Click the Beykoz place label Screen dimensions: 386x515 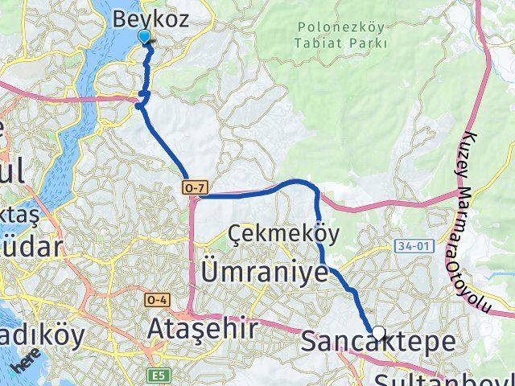[x=151, y=18]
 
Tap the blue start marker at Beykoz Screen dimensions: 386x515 [x=145, y=37]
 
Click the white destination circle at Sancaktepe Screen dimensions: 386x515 [x=377, y=331]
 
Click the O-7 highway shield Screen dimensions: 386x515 [x=196, y=188]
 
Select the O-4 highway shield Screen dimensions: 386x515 [x=155, y=299]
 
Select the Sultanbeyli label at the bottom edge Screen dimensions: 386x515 [x=439, y=378]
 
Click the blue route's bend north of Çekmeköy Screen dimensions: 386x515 [x=310, y=184]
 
